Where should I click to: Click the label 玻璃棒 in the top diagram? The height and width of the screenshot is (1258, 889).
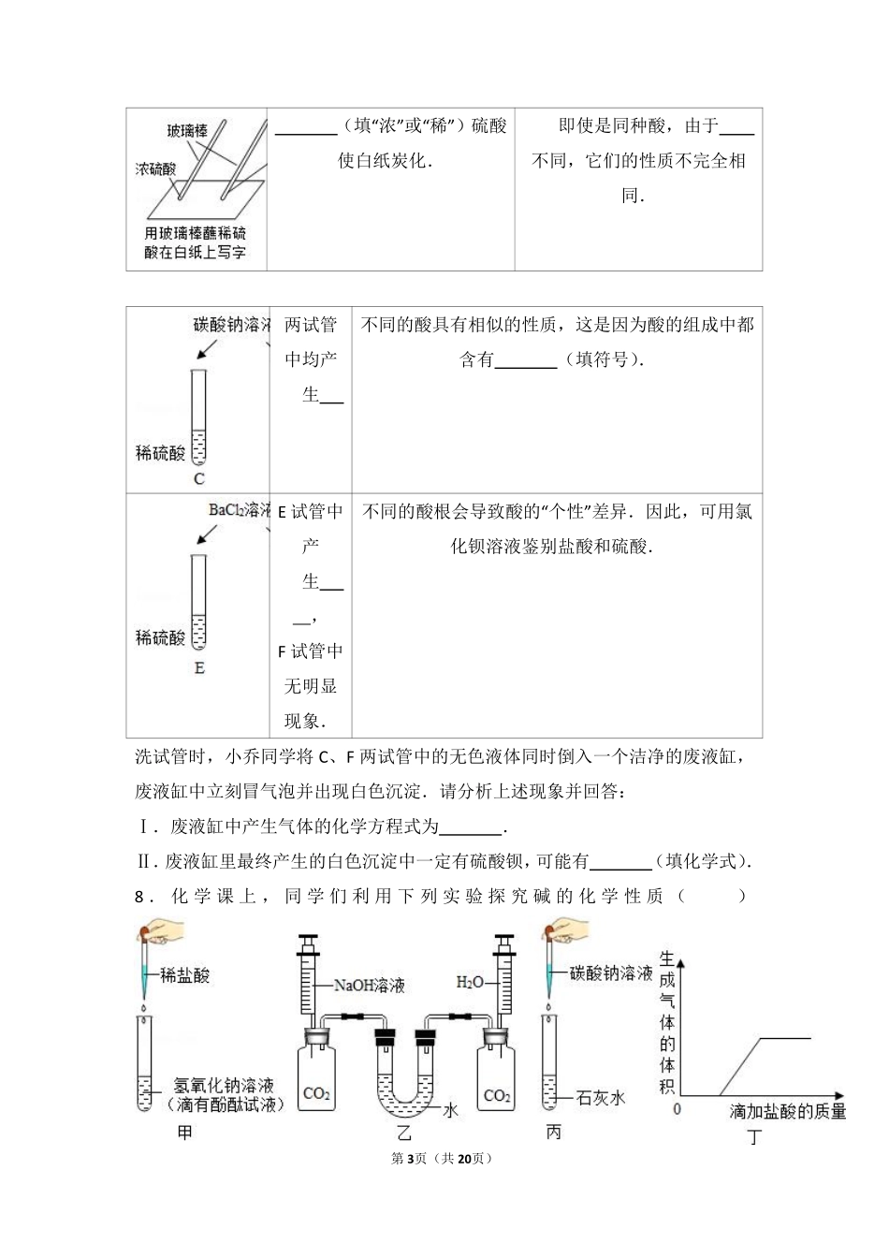(x=187, y=131)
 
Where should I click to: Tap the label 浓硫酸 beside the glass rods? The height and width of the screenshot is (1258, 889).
(x=155, y=169)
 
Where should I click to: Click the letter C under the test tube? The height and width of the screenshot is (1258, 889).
(x=198, y=479)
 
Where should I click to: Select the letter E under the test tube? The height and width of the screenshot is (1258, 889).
(x=198, y=668)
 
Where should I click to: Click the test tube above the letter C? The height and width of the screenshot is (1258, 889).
(x=198, y=417)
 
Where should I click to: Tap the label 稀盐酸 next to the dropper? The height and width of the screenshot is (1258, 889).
(x=185, y=975)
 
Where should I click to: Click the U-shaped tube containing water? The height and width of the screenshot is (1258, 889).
(x=403, y=1086)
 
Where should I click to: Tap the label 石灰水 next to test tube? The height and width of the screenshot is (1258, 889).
(x=601, y=1098)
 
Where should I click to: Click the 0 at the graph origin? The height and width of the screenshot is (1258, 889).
(x=678, y=1109)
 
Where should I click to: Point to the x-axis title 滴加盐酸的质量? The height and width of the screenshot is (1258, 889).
(x=788, y=1112)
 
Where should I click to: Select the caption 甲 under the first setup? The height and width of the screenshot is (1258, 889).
(x=185, y=1133)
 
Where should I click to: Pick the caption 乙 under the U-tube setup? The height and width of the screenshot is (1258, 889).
(x=404, y=1133)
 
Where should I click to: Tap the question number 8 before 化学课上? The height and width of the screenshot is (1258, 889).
(x=139, y=897)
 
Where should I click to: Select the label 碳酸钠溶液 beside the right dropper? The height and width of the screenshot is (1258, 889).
(x=611, y=973)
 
